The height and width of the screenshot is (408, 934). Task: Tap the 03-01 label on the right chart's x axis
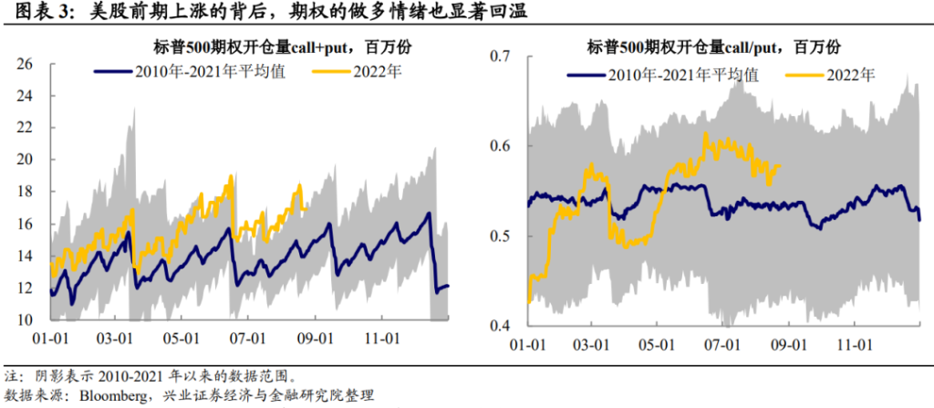(x=595, y=346)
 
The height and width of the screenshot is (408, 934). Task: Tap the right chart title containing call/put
(x=712, y=47)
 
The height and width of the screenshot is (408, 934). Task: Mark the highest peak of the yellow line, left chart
(x=232, y=175)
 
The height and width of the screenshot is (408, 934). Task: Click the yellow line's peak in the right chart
(x=706, y=133)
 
